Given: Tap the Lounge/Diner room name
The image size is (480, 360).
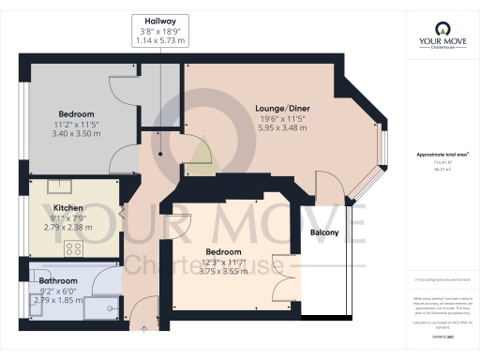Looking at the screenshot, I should coord(282,109).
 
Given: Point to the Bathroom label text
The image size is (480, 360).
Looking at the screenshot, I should coord(57,280).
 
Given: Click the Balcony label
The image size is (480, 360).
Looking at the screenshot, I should coord(324,233).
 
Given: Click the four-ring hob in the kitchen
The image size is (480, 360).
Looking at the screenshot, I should coord(73,248).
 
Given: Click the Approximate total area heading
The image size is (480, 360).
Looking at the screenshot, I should coord(442,154).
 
